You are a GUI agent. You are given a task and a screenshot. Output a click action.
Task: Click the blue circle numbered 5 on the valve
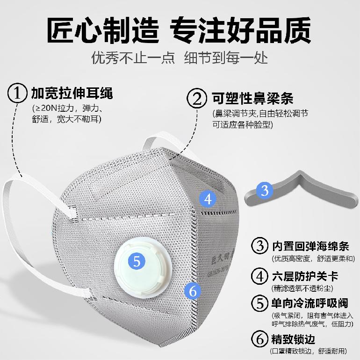pos(137,261)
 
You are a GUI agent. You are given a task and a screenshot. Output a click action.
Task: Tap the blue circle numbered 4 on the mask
pos(208,199)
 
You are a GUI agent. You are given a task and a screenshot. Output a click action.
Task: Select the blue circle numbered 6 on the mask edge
pos(193,291)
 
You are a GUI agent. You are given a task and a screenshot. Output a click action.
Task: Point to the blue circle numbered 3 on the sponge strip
pos(265,190)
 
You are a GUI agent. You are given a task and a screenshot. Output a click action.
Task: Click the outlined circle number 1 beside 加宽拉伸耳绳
pos(17,93)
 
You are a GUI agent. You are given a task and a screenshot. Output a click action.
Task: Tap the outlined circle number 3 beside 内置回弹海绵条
pos(259,245)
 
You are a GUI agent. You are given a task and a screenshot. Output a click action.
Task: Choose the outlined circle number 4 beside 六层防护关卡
pos(259,276)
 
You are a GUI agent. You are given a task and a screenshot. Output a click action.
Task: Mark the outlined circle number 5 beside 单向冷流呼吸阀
pos(259,303)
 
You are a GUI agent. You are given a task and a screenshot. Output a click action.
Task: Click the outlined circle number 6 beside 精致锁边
pos(259,339)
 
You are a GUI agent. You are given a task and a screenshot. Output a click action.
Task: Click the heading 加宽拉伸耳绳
pos(72,93)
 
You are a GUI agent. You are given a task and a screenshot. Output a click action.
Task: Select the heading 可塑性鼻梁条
pos(252,99)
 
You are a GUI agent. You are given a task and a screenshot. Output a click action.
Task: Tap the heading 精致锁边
pos(293,339)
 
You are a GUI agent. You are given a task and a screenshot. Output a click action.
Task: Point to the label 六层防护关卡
pos(305,276)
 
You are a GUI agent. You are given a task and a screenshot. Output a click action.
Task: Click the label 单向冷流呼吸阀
pos(310,303)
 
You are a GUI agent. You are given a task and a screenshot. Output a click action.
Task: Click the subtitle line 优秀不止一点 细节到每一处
pos(180,58)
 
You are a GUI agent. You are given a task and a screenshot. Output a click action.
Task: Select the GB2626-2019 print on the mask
pos(218,271)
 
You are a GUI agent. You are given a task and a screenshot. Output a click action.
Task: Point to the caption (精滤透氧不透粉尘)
pos(302,288)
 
